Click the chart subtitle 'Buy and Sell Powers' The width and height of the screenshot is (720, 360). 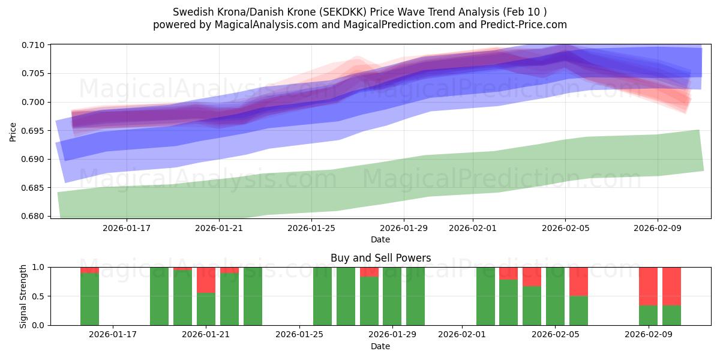tap(380, 259)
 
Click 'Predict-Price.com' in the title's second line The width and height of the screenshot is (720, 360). tap(520, 25)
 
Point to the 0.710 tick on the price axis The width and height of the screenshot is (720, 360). tap(35, 45)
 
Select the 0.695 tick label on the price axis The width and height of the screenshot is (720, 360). tap(35, 131)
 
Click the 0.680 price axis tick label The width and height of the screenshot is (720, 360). tap(35, 216)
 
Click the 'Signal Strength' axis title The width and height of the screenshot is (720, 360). tap(23, 296)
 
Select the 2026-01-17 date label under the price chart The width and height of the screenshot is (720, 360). tap(126, 228)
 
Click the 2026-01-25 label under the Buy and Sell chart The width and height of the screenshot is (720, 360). tap(299, 335)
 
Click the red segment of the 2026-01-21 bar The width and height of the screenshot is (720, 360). tap(206, 280)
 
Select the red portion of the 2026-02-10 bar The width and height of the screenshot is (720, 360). tap(671, 286)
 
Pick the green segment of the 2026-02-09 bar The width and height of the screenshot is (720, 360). tap(648, 316)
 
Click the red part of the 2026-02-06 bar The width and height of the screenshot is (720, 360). tap(578, 281)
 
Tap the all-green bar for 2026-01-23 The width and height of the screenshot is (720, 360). tap(253, 296)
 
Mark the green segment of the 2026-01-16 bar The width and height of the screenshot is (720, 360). tap(89, 299)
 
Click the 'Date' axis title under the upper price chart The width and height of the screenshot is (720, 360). tap(380, 239)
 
